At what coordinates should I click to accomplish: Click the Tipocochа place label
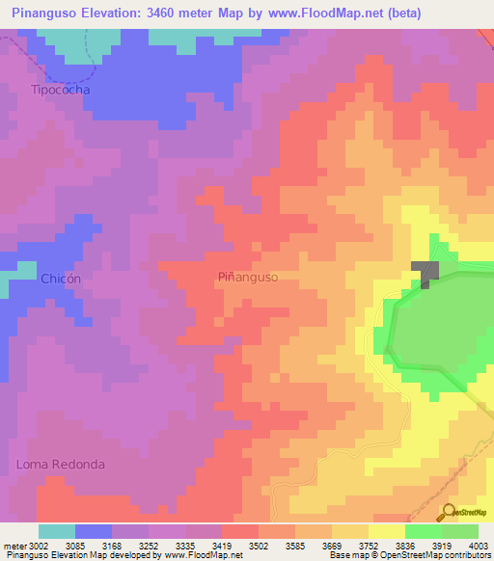[x=60, y=90]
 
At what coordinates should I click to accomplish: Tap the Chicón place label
[x=60, y=278]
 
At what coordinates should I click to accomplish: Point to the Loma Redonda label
[x=60, y=464]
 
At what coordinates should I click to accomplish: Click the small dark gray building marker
[x=425, y=272]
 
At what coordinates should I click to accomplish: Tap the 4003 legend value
[x=478, y=546]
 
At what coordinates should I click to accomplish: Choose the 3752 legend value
[x=356, y=546]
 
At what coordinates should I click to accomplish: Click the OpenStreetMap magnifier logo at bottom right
[x=450, y=513]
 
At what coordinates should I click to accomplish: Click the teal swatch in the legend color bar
[x=57, y=531]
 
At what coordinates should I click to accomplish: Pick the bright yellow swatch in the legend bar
[x=387, y=531]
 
